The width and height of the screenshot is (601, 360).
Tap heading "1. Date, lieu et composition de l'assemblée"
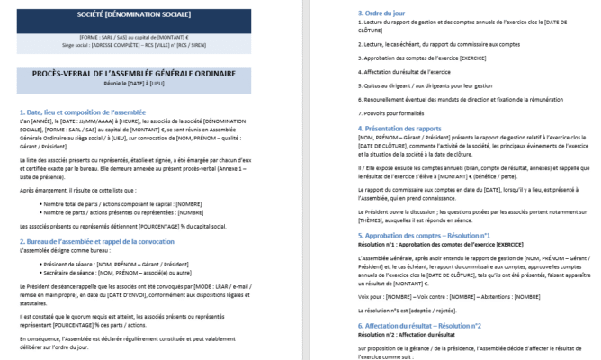[94, 112]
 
